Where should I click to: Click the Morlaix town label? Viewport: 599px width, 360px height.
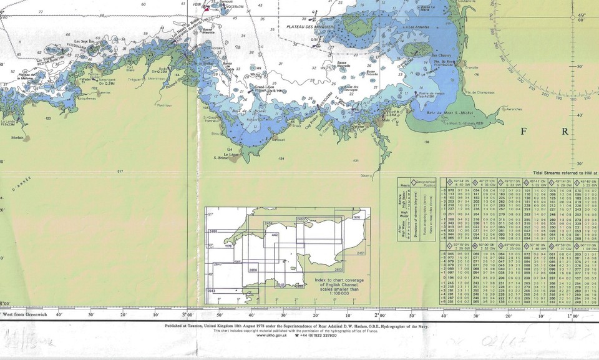coord(17,138)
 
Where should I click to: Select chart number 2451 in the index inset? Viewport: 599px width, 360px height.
coord(363,253)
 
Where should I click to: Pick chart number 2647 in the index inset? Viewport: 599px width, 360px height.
coord(218,265)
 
